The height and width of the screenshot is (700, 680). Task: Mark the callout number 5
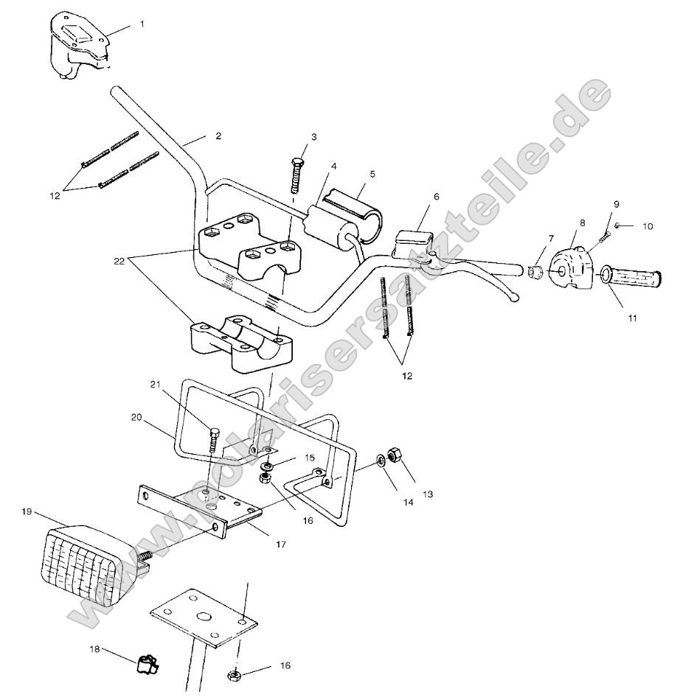coord(372,174)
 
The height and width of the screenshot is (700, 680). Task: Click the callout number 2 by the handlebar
coord(218,136)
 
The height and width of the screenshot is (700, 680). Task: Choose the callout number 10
coord(647,226)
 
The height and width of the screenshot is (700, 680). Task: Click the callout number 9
coord(616,204)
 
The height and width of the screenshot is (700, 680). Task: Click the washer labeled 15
coord(265,466)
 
